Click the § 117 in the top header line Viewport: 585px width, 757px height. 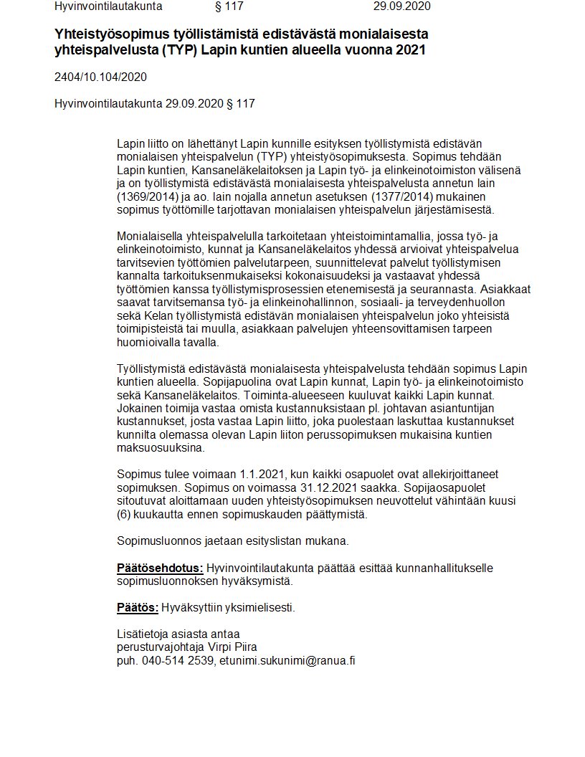[229, 6]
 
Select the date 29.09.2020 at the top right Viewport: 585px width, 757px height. [402, 6]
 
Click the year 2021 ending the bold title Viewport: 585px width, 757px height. [412, 50]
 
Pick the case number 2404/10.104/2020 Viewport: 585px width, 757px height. [100, 77]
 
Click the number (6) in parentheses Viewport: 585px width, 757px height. [123, 514]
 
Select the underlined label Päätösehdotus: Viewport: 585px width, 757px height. [160, 568]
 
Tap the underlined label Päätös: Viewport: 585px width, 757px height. [138, 608]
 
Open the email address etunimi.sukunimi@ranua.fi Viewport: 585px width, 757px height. [287, 660]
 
